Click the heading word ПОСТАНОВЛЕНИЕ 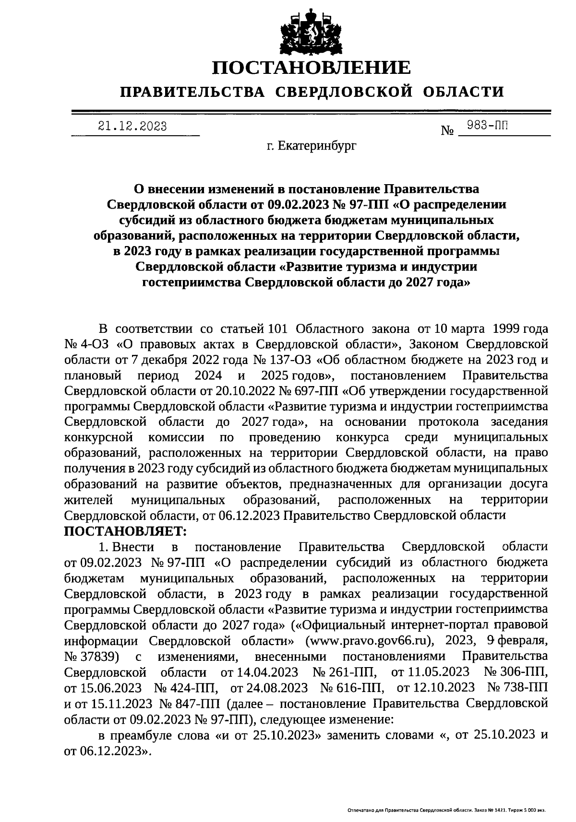coord(312,68)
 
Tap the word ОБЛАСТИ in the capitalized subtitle coord(464,91)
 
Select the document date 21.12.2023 coord(132,127)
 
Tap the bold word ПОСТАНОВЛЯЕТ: coord(125,531)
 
